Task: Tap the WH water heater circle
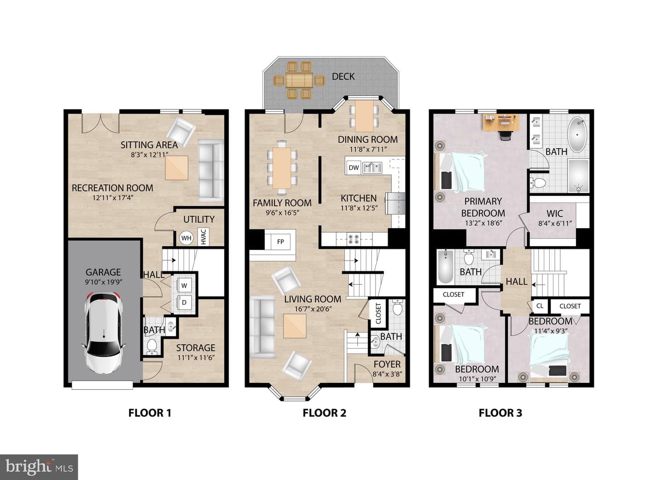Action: click(x=186, y=238)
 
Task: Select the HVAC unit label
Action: click(x=204, y=237)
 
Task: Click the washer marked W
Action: click(x=184, y=285)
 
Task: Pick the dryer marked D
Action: click(x=184, y=302)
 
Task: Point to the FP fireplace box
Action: click(x=280, y=242)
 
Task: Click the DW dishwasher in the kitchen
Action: click(x=354, y=168)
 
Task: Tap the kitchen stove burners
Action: click(x=354, y=239)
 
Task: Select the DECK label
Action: click(x=343, y=77)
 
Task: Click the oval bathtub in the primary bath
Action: click(x=577, y=135)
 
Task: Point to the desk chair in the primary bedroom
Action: click(x=505, y=136)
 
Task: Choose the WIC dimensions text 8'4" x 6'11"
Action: click(x=555, y=223)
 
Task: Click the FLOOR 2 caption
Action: click(x=325, y=413)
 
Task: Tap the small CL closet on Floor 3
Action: click(x=540, y=306)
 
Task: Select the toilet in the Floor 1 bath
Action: click(x=152, y=346)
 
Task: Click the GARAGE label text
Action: click(x=103, y=272)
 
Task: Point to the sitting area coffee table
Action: click(x=177, y=168)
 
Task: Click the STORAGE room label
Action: click(x=196, y=348)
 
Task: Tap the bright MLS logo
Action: click(x=39, y=467)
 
